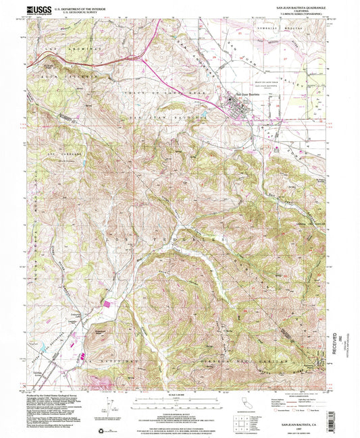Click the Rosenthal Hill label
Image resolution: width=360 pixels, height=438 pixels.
point(101,333)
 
